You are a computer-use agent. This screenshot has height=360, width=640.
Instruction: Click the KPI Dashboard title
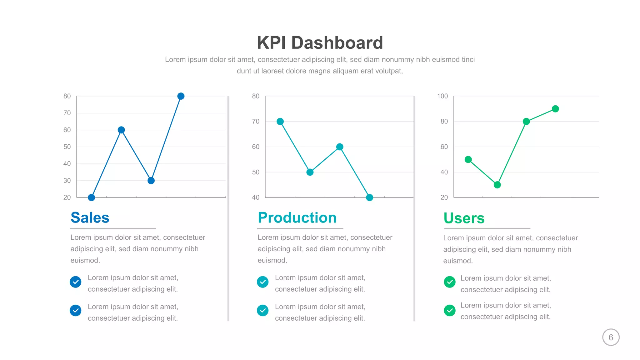point(320,43)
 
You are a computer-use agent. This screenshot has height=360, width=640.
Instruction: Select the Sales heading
point(90,218)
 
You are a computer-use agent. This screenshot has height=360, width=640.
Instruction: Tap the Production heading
point(297,218)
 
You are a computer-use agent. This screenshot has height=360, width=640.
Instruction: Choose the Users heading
point(464,218)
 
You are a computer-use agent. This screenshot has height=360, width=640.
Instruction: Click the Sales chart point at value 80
point(181,96)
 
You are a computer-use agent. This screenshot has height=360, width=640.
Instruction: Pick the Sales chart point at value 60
point(121,130)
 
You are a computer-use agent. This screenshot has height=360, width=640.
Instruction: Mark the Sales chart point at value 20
point(92,197)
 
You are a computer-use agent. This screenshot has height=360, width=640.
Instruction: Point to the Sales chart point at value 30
point(151,181)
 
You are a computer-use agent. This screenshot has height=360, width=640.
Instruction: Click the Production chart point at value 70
point(280,122)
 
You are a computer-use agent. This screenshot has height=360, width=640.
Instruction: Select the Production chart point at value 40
point(369,197)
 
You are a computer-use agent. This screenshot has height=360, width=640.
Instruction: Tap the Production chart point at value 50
point(310,172)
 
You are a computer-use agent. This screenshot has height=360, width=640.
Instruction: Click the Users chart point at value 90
point(555,109)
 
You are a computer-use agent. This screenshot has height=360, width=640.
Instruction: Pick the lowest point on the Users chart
point(497,185)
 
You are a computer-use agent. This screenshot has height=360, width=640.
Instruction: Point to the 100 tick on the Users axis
point(442,96)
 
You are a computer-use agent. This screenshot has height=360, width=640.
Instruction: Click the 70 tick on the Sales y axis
point(67,113)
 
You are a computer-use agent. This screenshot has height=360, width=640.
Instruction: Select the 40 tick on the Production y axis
point(256,197)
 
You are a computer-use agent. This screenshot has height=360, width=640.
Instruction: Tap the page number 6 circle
point(611,337)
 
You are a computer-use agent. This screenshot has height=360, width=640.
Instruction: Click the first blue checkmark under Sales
point(76,282)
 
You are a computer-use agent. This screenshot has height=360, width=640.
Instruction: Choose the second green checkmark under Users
point(450,310)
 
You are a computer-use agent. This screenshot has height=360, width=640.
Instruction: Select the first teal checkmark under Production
point(263,282)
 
